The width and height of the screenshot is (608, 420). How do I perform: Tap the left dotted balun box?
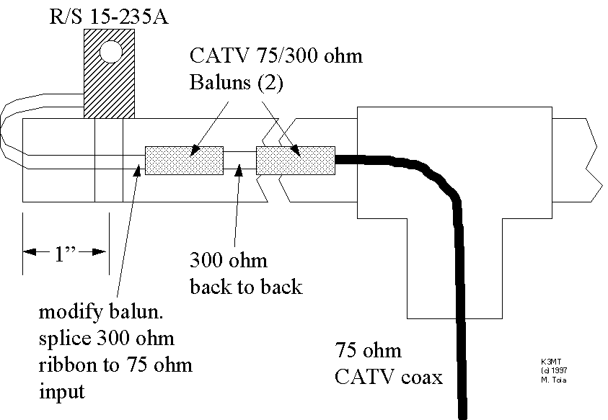click(x=184, y=160)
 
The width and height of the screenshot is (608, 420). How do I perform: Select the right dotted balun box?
click(x=296, y=160)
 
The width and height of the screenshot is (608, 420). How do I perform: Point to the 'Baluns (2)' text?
click(x=237, y=82)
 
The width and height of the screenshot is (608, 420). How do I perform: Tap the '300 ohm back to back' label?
click(x=245, y=272)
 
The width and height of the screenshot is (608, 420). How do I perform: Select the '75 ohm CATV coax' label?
click(x=389, y=365)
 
